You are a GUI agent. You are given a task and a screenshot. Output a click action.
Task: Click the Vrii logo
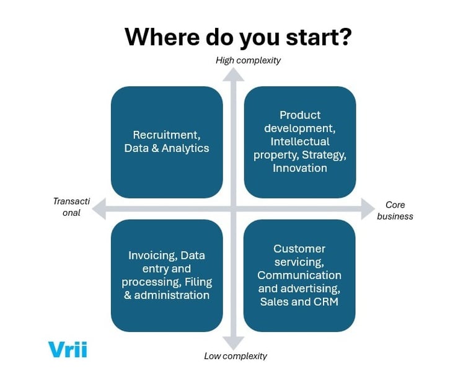68,349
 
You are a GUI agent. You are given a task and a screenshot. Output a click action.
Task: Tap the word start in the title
317,37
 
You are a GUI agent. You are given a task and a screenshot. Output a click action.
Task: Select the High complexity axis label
248,60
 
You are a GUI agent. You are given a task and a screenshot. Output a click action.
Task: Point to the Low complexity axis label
236,356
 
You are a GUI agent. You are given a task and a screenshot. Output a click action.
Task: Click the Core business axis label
395,210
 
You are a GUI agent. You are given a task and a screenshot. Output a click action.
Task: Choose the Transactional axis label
71,207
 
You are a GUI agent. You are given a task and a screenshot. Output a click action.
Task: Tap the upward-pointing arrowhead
234,74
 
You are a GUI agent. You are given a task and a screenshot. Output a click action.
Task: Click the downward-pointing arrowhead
234,342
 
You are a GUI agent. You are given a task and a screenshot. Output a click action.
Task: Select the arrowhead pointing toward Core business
366,210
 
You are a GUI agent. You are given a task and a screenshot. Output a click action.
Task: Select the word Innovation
300,168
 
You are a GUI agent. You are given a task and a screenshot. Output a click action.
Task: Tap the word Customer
299,249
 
